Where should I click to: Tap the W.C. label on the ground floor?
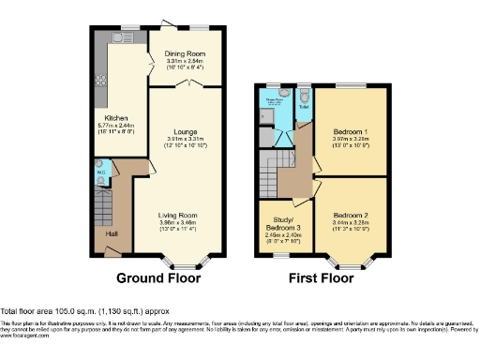coord(100,172)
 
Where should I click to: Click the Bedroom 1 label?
coord(352,132)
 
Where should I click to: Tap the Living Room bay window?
coord(177,257)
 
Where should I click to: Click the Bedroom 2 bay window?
coord(352,257)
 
